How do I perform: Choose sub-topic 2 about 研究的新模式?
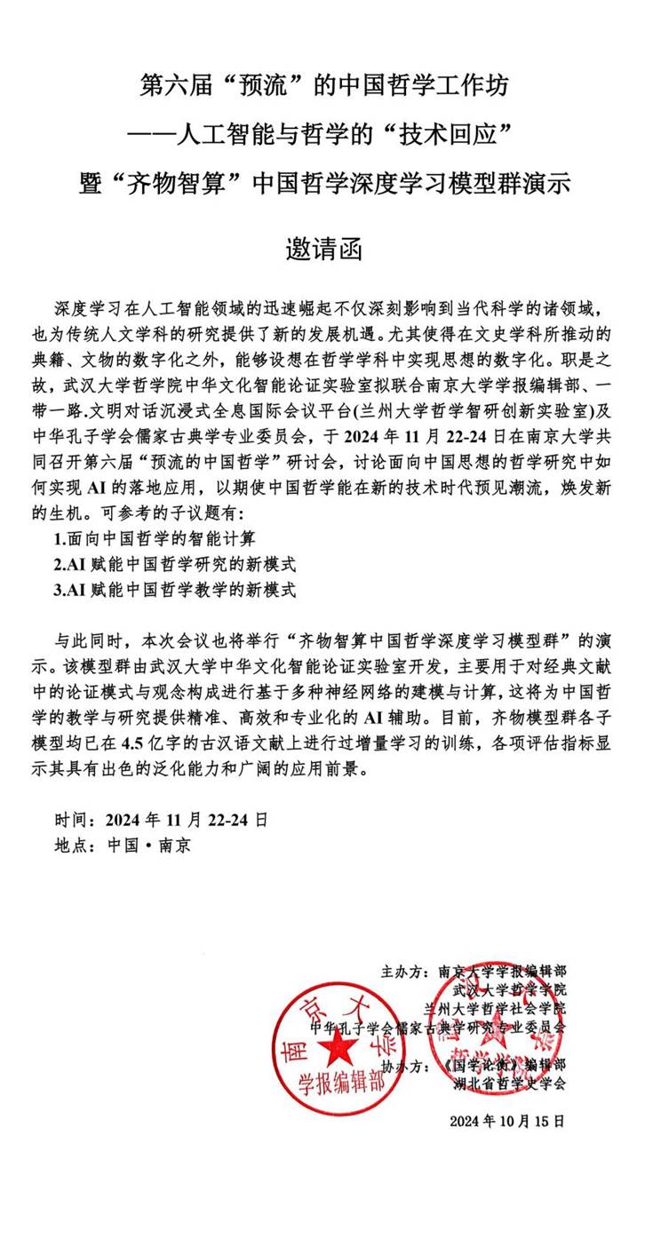[174, 564]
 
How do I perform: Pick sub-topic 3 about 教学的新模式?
[174, 589]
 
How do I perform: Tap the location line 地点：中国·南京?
[122, 845]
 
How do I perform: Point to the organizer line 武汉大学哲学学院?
[508, 989]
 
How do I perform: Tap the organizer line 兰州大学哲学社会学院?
[494, 1008]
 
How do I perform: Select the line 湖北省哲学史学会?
[508, 1084]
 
